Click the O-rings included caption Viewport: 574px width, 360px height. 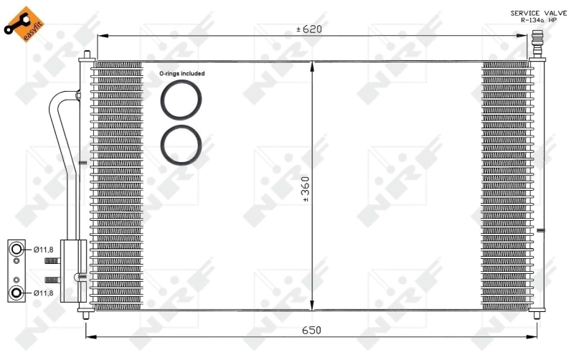[x=182, y=73]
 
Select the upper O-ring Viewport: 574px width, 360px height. [x=182, y=100]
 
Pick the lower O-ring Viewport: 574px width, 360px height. [x=182, y=144]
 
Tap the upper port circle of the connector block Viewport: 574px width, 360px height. [x=17, y=249]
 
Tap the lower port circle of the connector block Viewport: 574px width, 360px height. [x=17, y=292]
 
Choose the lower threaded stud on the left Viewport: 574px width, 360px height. [x=52, y=280]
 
